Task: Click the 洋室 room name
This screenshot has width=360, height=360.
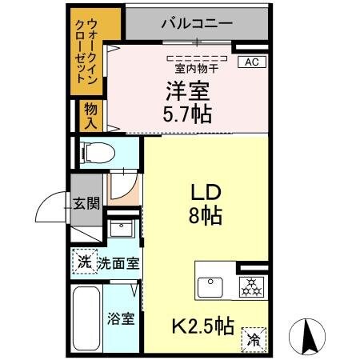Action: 187,90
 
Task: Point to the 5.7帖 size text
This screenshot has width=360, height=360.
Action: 189,114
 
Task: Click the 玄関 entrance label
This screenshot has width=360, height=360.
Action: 87,203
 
